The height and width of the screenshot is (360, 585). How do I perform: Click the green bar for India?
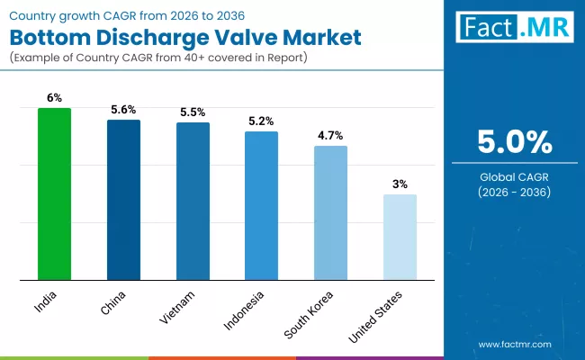click(54, 193)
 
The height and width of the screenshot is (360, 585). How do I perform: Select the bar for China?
click(123, 199)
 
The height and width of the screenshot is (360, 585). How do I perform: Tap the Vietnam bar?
click(193, 201)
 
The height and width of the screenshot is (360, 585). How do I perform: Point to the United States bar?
click(400, 237)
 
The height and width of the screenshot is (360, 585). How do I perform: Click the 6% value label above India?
click(54, 97)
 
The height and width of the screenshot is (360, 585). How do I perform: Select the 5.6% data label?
click(123, 109)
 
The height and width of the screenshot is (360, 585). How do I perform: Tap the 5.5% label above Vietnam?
click(193, 112)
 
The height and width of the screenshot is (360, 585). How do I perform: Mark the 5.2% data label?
click(261, 121)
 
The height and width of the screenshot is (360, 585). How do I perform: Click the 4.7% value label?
click(330, 135)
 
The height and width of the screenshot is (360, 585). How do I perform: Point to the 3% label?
click(400, 184)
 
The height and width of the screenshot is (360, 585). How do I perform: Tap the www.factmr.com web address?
click(514, 344)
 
